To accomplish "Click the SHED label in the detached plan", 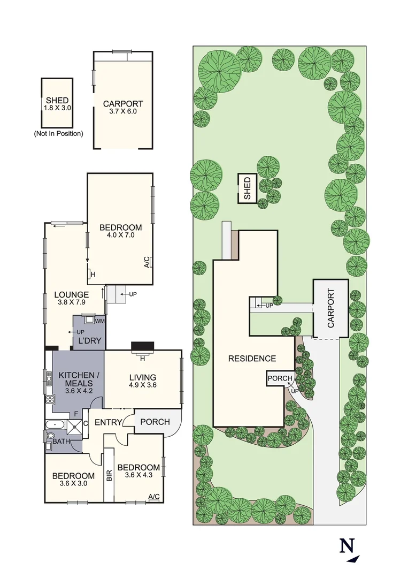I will click(x=57, y=100).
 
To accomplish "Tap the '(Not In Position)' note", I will click(x=58, y=133).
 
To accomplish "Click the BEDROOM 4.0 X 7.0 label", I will click(x=120, y=231).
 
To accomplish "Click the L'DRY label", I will click(x=89, y=341).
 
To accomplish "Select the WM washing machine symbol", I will click(x=99, y=321).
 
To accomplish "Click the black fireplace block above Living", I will click(x=142, y=346).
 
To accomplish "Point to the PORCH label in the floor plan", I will click(x=155, y=422).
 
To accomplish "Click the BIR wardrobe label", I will click(x=109, y=475).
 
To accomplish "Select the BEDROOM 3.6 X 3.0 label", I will click(x=73, y=480).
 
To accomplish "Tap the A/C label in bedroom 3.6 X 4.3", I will click(x=154, y=497).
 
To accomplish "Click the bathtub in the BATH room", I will click(x=55, y=425).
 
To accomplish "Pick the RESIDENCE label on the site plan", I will click(x=252, y=359).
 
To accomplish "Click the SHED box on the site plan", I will click(x=247, y=188).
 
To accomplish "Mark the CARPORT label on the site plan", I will click(x=330, y=309).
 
